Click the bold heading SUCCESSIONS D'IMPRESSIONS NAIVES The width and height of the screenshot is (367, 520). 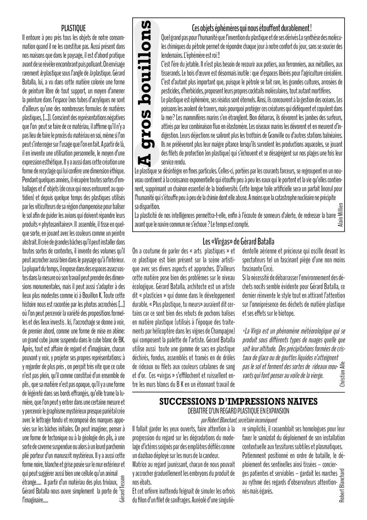click(x=238, y=402)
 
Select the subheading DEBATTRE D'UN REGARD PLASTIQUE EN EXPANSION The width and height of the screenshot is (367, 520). click(x=238, y=411)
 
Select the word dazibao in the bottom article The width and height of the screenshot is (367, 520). click(x=151, y=457)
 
